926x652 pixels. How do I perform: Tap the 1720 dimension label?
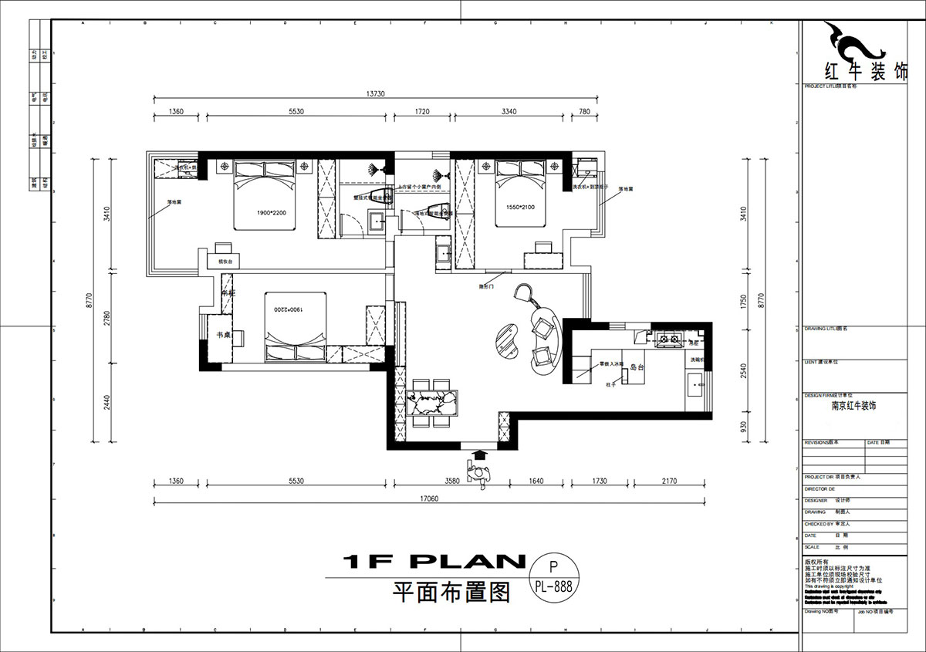[x=421, y=112]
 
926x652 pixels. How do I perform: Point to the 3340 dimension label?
[x=509, y=112]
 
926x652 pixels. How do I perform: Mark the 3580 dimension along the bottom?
[x=452, y=481]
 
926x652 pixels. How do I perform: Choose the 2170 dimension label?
[x=668, y=481]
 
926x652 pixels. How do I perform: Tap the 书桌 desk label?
[x=222, y=335]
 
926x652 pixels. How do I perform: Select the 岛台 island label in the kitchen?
[x=637, y=368]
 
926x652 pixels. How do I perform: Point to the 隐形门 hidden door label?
[x=485, y=286]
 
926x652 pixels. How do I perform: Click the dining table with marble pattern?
[x=433, y=403]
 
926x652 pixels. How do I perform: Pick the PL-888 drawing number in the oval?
[x=552, y=586]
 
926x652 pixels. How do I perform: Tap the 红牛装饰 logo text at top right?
[x=855, y=71]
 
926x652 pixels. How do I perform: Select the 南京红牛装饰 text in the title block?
[x=853, y=405]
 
